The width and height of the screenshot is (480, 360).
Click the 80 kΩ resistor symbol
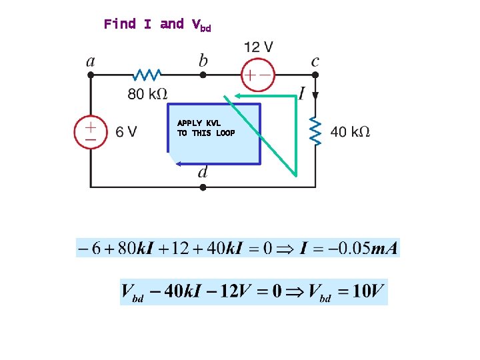[x=147, y=75]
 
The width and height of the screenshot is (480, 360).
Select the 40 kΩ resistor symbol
[x=316, y=131]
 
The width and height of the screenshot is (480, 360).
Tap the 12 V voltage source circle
[x=257, y=75]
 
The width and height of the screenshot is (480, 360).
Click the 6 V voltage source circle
[x=89, y=131]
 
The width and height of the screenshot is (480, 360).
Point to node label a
[x=91, y=61]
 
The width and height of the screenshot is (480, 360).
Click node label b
[x=203, y=61]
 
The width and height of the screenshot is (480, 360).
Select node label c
[x=315, y=61]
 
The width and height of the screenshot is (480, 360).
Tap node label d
[x=203, y=172]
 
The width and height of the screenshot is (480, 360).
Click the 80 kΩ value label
[x=148, y=95]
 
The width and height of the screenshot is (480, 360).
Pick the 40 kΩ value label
[x=351, y=132]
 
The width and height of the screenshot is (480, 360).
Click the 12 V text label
[x=258, y=47]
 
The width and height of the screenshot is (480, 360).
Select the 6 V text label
[x=126, y=132]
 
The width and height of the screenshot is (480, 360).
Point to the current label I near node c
[x=303, y=94]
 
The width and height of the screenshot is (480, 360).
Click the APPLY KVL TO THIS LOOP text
[x=206, y=128]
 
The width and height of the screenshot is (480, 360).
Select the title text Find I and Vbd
[x=157, y=25]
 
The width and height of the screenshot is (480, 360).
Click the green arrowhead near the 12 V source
[x=228, y=97]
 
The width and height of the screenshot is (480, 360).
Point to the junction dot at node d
[x=203, y=187]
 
